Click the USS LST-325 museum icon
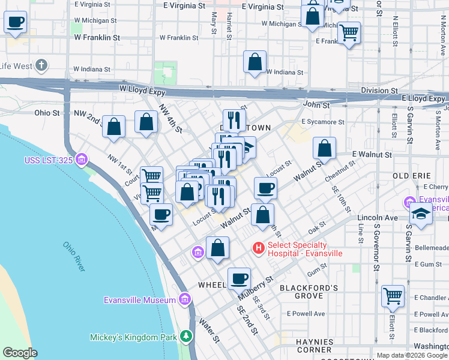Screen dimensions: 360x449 pos(82,160)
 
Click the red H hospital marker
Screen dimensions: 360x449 pos(259,247)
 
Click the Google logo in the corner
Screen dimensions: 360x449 pos(20,353)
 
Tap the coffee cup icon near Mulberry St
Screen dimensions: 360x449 pos(239,279)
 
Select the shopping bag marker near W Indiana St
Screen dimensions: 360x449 pos(255,62)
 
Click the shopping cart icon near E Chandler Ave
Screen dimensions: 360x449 pos(393,296)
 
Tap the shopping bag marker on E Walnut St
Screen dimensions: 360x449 pos(324,149)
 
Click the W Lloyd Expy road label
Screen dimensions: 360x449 pos(142,88)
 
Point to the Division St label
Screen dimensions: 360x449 pos(378,91)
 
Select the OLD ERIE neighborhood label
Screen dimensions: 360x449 pos(411,175)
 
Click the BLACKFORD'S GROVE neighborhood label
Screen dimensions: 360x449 pos(309,292)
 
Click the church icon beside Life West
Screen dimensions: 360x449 pos(41,65)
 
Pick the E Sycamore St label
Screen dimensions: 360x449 pos(323,121)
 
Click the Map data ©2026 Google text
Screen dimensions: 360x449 pos(411,355)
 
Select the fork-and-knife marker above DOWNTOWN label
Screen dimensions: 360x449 pos(234,119)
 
